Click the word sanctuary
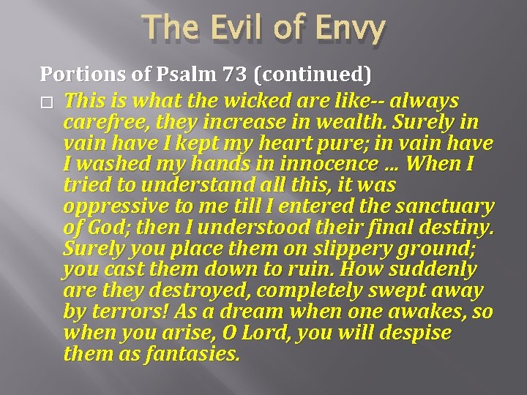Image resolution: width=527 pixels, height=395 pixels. pos(444,207)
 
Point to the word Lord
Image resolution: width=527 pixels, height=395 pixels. pos(269,334)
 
